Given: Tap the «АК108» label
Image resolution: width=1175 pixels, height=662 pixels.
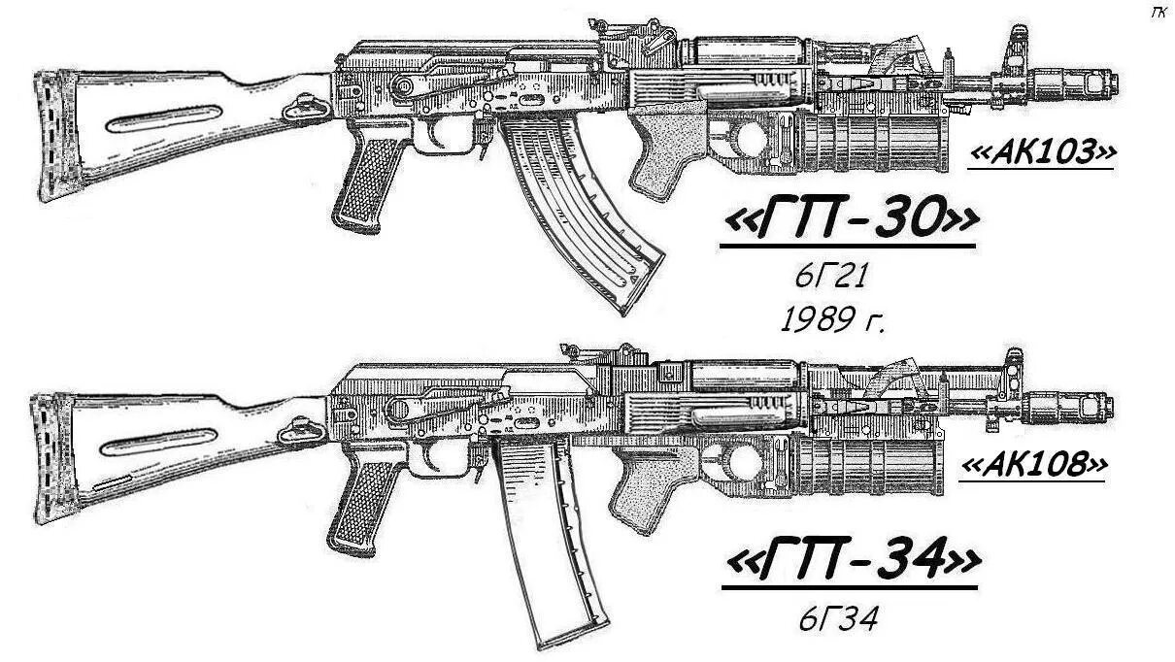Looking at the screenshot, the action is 1034,466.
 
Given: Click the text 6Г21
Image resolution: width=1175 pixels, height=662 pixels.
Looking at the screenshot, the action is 830,277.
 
